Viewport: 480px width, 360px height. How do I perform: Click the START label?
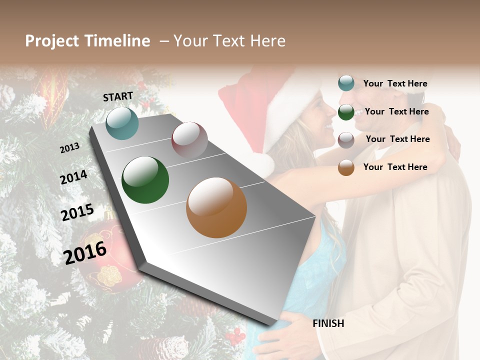click(118, 96)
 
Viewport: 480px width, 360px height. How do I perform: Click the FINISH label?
click(328, 323)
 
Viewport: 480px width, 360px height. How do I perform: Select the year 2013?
click(69, 148)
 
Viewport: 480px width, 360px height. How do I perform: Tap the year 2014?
click(73, 177)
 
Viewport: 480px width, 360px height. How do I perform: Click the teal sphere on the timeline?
click(122, 123)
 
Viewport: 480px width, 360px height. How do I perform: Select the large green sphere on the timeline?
click(145, 180)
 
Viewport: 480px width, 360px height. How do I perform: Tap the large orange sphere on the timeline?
click(216, 207)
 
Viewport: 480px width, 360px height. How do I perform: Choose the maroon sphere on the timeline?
click(189, 139)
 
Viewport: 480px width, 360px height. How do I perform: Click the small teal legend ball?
click(346, 83)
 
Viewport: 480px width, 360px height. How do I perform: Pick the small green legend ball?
click(346, 112)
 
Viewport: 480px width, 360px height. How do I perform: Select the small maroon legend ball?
click(346, 140)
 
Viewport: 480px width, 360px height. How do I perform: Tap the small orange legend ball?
click(346, 167)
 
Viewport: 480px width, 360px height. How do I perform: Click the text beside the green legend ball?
click(396, 111)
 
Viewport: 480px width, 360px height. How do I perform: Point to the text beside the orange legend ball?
click(395, 167)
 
